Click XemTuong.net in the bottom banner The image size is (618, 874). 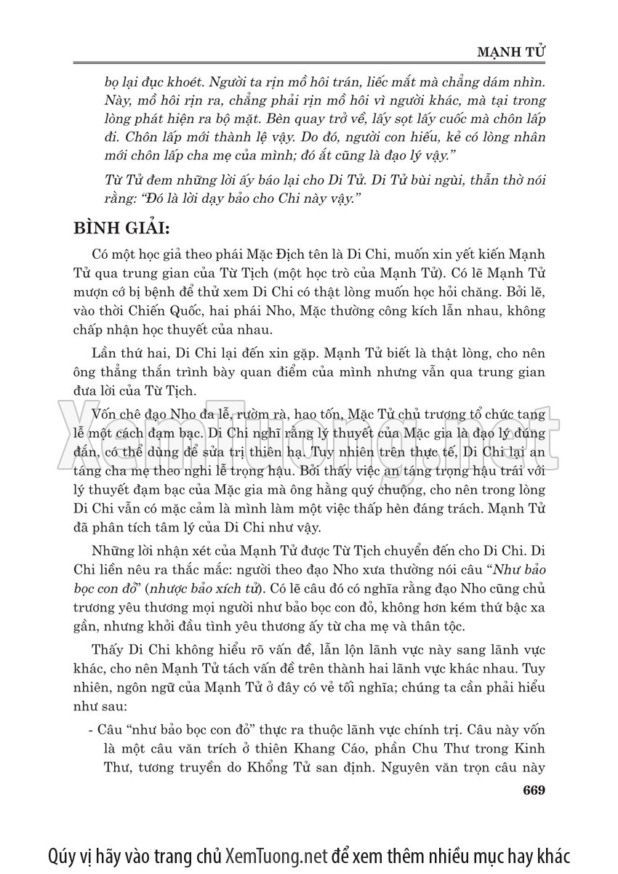pyautogui.click(x=275, y=852)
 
